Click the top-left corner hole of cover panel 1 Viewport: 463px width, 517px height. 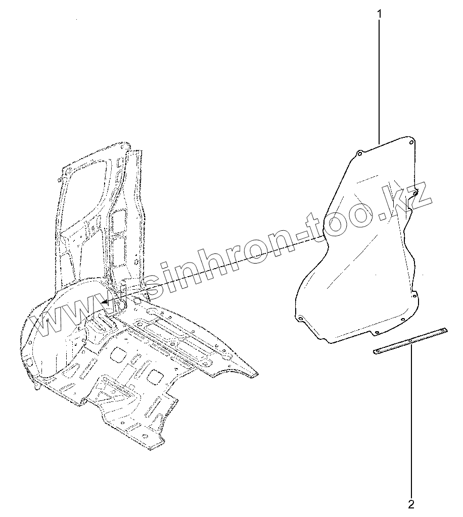(x=358, y=152)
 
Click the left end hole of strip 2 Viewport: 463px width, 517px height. (x=378, y=351)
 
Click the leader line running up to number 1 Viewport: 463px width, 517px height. (x=379, y=76)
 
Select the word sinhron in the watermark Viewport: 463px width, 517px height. (x=202, y=263)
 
